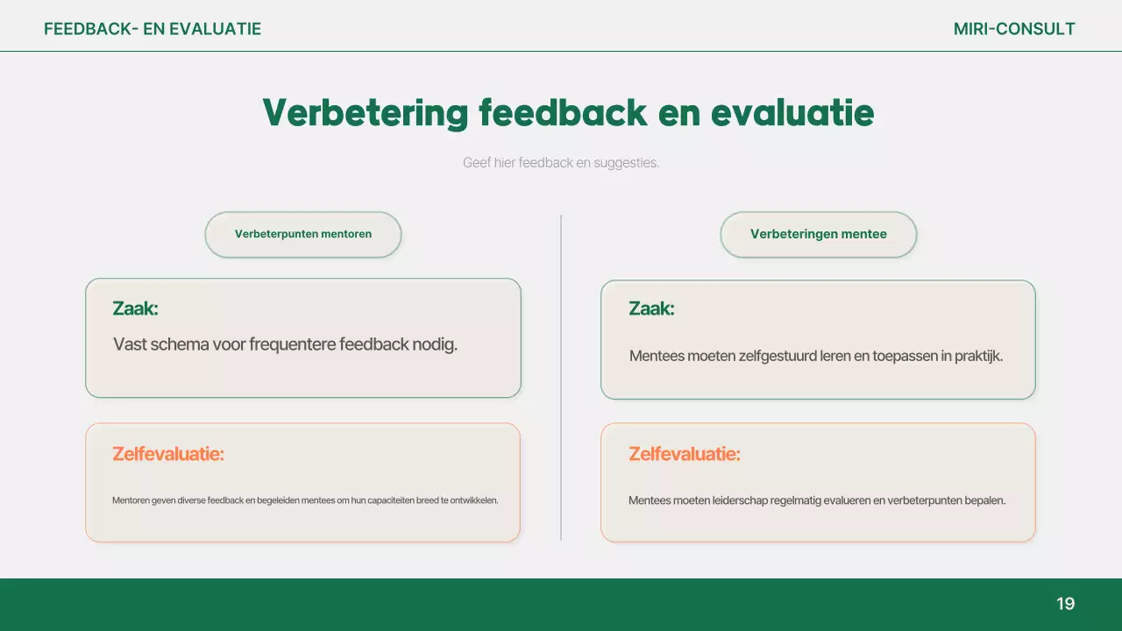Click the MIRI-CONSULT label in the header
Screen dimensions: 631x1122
tap(1014, 29)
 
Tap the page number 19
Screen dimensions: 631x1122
tap(1065, 604)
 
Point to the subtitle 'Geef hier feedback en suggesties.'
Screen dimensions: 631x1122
tap(561, 163)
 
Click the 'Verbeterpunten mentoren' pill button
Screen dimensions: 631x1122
tap(303, 234)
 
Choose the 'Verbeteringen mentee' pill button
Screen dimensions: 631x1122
tap(818, 234)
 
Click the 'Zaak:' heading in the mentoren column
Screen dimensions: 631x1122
tap(135, 308)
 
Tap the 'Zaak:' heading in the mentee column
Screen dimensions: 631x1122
tap(651, 308)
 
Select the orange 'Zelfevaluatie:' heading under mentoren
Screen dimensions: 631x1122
tap(168, 454)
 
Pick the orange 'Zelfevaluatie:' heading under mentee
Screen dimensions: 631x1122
tap(685, 454)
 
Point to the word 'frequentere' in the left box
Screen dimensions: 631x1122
tap(293, 344)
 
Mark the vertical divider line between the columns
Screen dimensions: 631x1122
tap(561, 377)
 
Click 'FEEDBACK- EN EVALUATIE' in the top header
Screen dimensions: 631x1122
tap(153, 29)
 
